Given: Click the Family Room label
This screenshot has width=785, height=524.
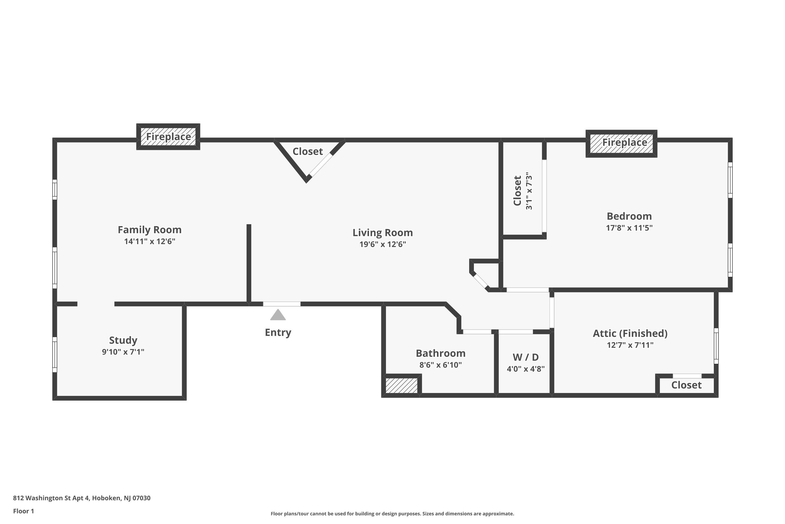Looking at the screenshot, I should pos(149,230).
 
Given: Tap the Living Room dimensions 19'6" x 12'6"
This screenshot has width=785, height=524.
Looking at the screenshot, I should pos(383,244).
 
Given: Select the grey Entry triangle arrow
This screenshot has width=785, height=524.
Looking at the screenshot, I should pos(278,315).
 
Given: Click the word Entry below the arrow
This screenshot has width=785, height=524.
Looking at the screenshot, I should pos(278,332).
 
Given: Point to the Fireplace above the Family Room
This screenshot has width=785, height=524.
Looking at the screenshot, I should pos(168,137).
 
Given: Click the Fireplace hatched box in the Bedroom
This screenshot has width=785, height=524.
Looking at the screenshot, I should pos(621,143).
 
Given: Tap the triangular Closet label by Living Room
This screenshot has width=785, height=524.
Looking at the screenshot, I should pos(307,152).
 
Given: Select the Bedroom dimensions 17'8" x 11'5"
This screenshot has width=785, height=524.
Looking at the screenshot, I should pos(629,228).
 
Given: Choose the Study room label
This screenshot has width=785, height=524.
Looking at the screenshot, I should pos(123,340).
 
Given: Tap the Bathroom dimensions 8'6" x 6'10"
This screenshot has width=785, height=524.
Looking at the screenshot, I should pos(441,365).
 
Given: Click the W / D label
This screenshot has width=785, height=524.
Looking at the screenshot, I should pos(525,357).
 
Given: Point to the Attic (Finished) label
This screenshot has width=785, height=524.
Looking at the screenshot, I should pos(630,334).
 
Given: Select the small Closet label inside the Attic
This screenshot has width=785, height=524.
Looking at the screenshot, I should pos(686,385).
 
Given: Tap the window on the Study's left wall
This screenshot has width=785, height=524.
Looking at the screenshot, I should pos(55,354).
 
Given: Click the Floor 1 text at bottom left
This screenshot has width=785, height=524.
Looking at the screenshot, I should pos(23,511).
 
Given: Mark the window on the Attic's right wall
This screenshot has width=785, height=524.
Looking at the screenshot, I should pos(716,346).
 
